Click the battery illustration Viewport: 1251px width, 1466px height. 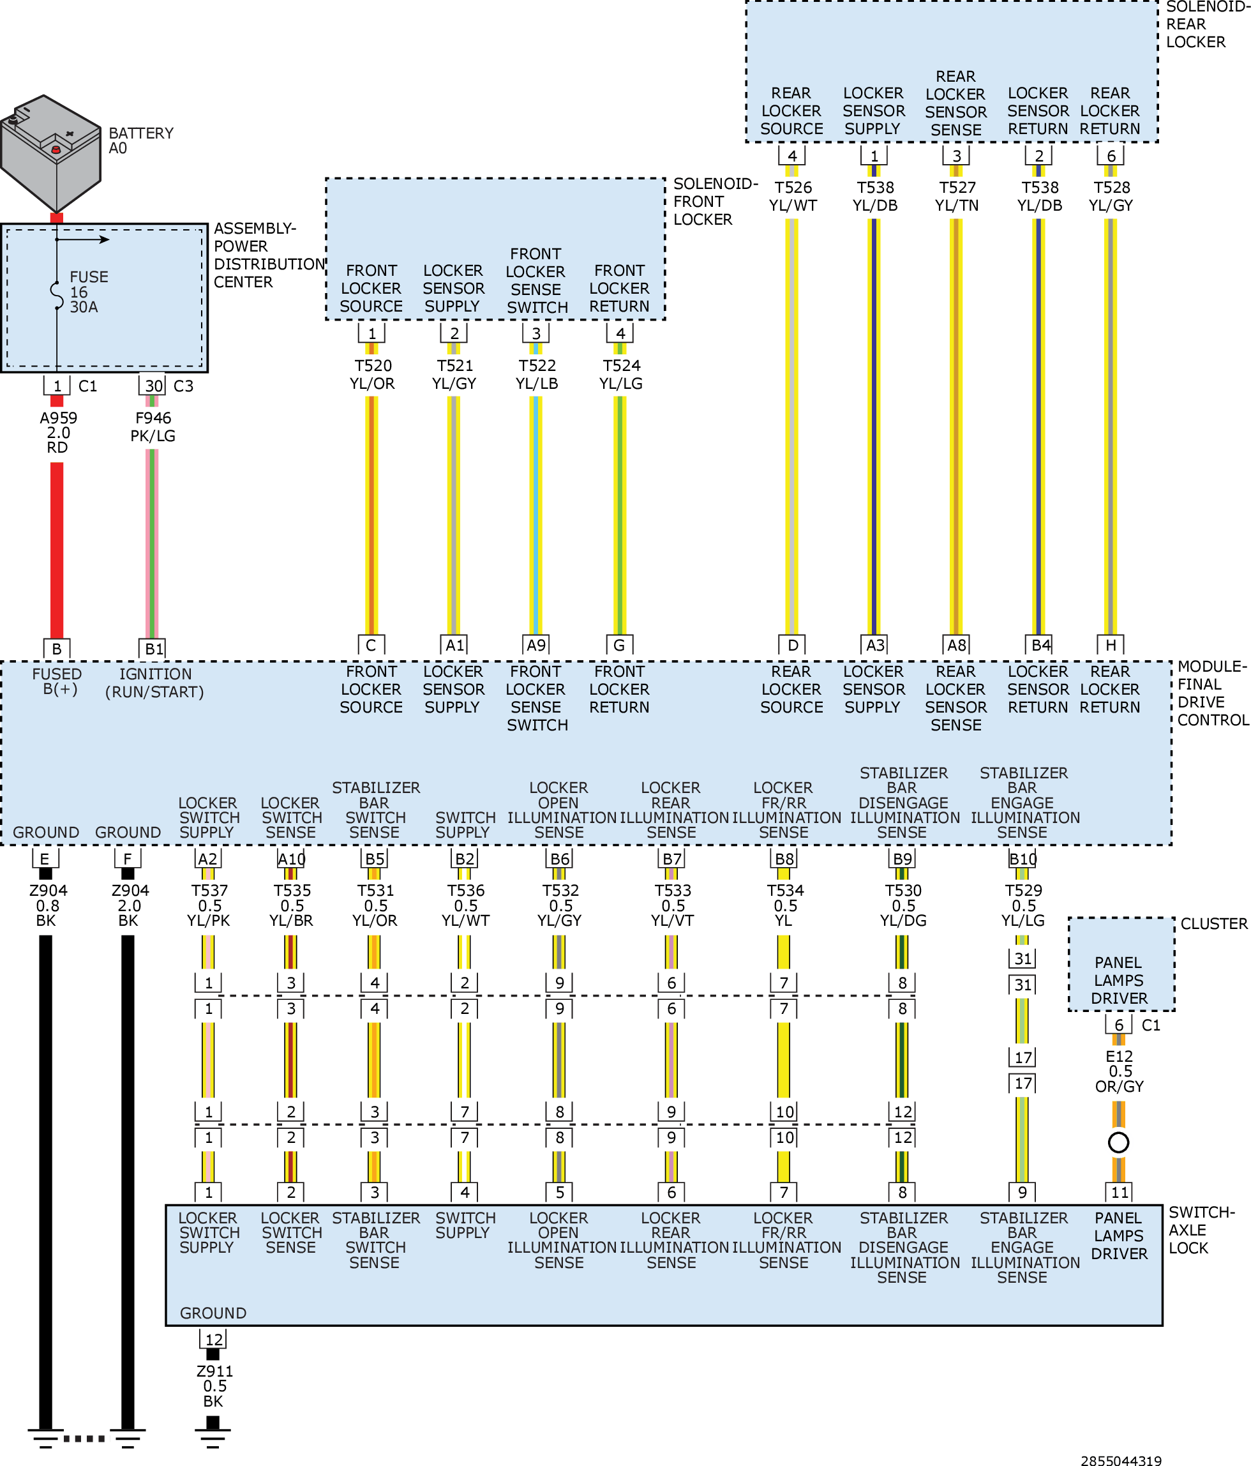[51, 153]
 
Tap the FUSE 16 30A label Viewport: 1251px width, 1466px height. [88, 292]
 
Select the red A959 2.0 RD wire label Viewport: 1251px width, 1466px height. [58, 432]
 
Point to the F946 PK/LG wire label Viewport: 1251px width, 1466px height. [153, 427]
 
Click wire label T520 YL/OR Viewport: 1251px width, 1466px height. [373, 374]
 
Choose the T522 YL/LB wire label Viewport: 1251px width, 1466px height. [537, 374]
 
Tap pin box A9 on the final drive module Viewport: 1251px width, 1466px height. [536, 646]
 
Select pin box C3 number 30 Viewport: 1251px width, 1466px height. [153, 386]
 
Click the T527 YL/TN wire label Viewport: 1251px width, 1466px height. [957, 196]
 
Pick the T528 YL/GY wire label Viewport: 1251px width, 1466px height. [1112, 196]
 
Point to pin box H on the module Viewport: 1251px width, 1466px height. [1111, 646]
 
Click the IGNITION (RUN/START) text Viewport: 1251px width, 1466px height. [155, 683]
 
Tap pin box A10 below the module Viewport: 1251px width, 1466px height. [291, 859]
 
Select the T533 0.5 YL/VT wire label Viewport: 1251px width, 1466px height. [673, 905]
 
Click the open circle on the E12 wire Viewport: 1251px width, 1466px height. [1119, 1142]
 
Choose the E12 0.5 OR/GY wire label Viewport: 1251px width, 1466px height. [1120, 1071]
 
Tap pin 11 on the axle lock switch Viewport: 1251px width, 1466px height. [1120, 1192]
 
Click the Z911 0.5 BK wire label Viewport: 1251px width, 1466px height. [214, 1386]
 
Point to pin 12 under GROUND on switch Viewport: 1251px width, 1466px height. [214, 1340]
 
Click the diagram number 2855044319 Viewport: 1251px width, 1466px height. [1121, 1460]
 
